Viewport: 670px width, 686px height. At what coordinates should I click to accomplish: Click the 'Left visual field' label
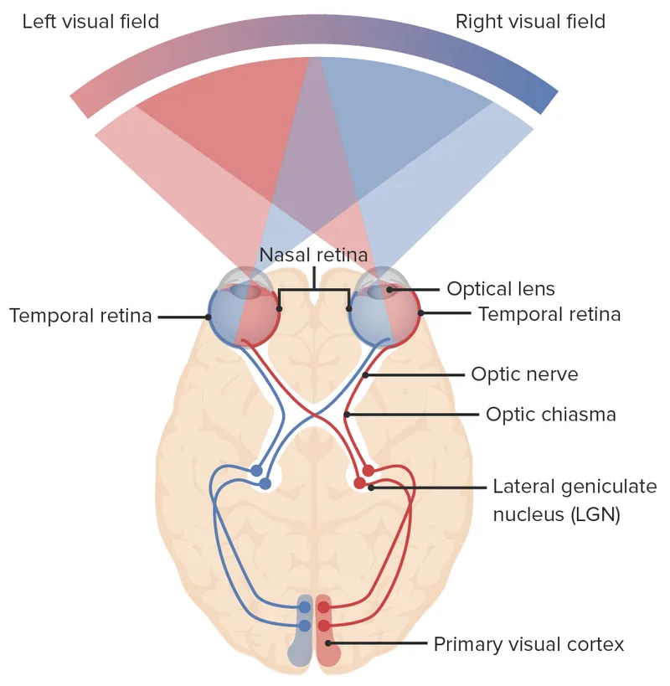[x=90, y=21]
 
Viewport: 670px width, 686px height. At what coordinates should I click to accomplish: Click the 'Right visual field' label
[x=530, y=21]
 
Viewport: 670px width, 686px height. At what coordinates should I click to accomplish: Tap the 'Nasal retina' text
[x=313, y=255]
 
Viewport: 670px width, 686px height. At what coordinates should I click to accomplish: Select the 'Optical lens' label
[x=500, y=289]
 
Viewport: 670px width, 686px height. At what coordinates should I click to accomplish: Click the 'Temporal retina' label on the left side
[x=80, y=316]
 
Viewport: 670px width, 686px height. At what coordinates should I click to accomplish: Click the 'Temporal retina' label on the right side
[x=549, y=314]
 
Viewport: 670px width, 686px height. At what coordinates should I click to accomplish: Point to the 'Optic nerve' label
[x=524, y=374]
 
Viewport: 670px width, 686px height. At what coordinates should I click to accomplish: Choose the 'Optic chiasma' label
[x=550, y=414]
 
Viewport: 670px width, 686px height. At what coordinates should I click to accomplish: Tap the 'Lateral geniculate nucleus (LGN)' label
[x=557, y=500]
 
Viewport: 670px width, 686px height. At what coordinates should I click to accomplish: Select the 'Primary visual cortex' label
[x=528, y=644]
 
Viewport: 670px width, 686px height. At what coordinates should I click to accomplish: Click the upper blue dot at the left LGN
[x=256, y=471]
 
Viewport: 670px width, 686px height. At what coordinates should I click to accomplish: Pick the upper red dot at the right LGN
[x=368, y=471]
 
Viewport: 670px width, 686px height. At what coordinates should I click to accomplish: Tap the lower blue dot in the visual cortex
[x=304, y=626]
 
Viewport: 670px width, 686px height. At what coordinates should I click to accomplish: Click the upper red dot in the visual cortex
[x=323, y=607]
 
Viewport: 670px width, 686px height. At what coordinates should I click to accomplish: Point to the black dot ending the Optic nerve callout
[x=365, y=374]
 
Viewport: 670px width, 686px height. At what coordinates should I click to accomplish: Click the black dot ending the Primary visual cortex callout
[x=330, y=644]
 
